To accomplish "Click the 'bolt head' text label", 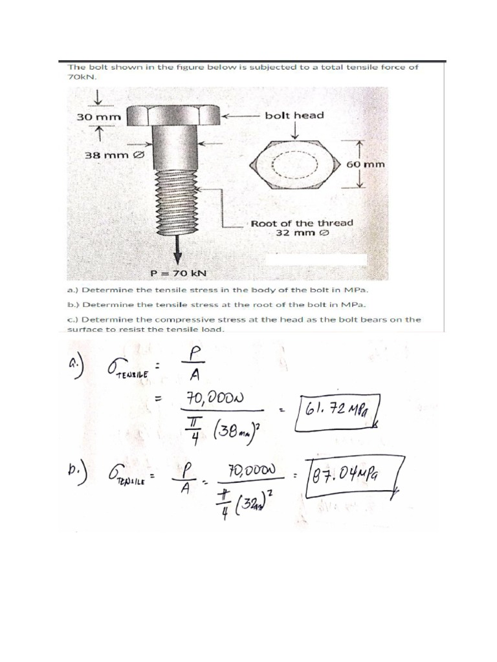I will [294, 115].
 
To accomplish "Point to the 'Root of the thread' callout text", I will [302, 223].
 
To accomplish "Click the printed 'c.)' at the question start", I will [73, 319].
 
